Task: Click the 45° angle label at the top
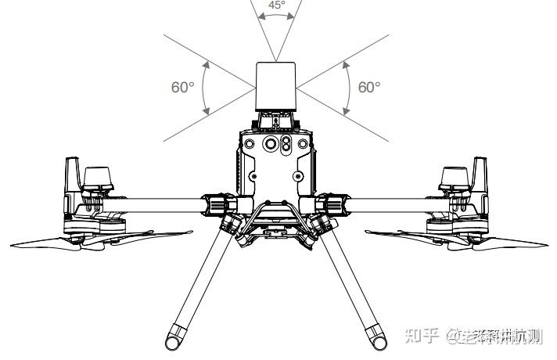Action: coord(277,5)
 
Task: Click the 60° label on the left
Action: coord(182,87)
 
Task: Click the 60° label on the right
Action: coord(369,87)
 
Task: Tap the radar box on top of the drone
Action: coord(277,86)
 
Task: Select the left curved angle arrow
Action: coord(205,87)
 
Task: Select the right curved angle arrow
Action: coord(347,87)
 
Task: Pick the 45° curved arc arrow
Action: coord(277,19)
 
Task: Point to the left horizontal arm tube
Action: coord(149,204)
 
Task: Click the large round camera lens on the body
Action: coord(271,145)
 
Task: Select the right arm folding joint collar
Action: coord(334,204)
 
